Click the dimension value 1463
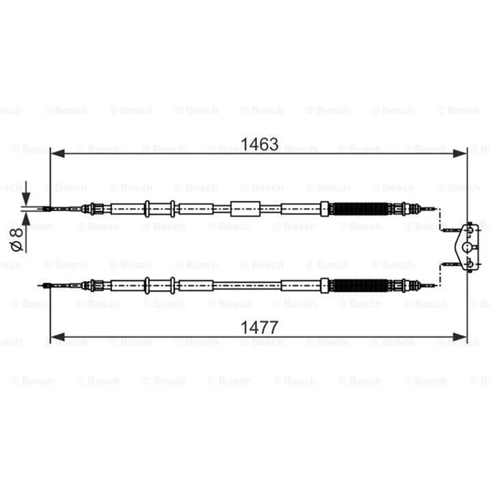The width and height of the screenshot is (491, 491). point(259,144)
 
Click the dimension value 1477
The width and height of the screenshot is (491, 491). point(259,328)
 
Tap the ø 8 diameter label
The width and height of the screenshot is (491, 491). point(17,240)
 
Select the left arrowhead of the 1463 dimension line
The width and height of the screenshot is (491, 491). point(57,153)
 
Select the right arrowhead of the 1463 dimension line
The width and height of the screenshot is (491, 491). point(460,153)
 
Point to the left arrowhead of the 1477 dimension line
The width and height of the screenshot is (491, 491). point(57,337)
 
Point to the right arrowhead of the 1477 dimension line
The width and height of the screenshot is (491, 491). point(460,337)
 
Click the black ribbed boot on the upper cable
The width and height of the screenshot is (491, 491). point(360,209)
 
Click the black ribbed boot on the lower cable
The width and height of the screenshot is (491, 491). point(360,285)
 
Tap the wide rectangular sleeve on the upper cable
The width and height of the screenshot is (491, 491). point(245,209)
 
